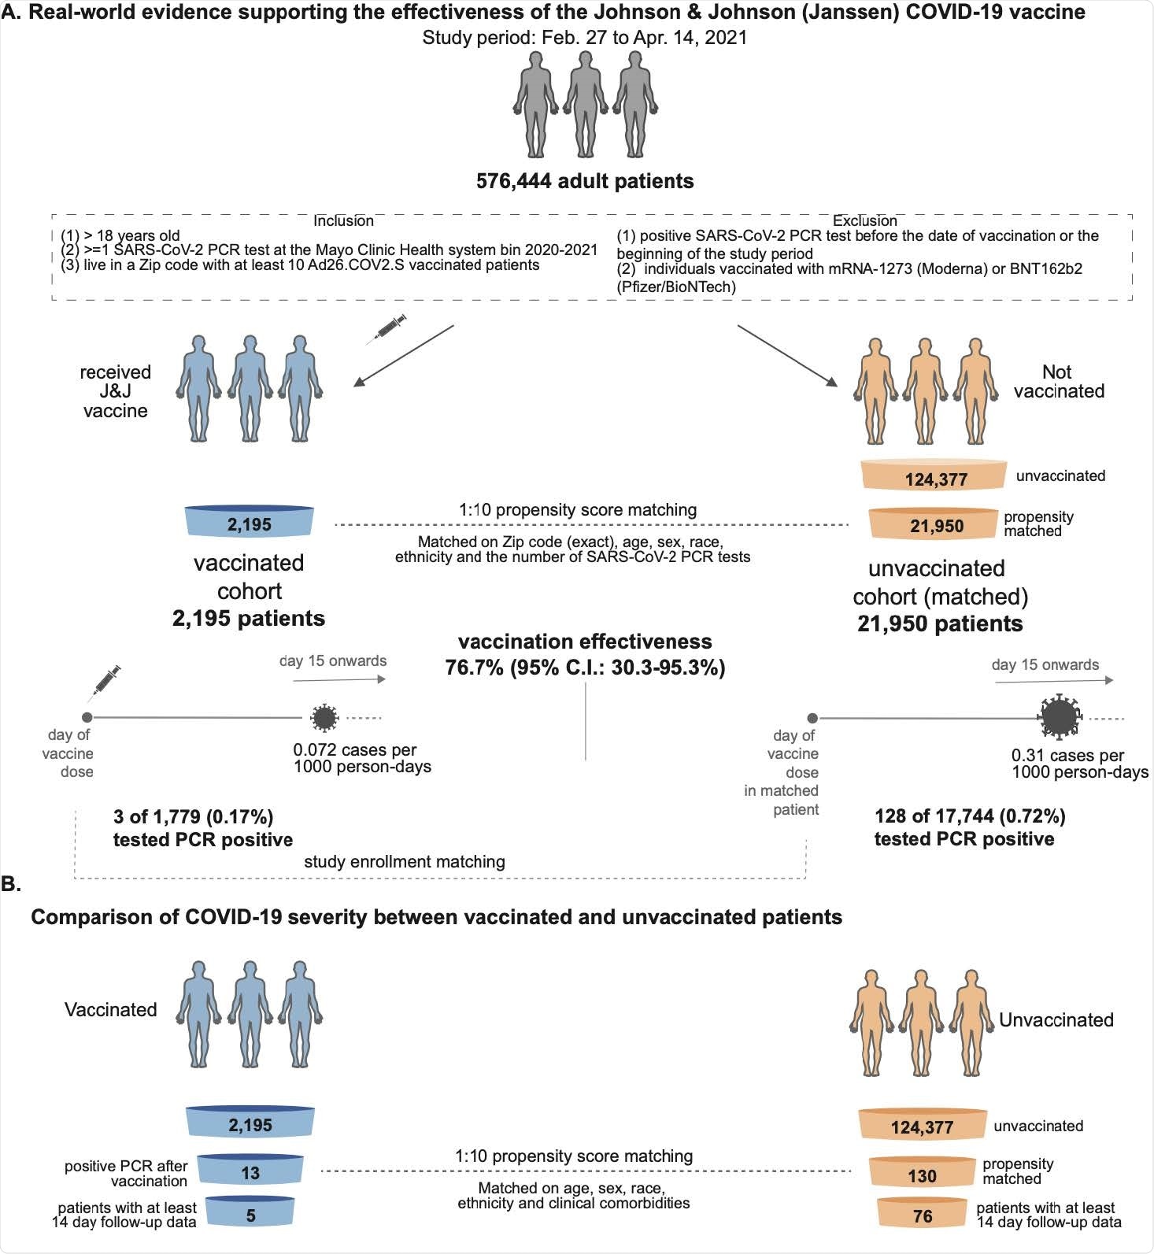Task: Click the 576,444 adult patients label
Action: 584,181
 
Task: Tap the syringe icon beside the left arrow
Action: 387,328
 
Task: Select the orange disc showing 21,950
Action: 936,525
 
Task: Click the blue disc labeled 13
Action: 250,1171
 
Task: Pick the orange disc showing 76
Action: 922,1215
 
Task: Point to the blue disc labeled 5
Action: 250,1214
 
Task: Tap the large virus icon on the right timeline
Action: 1059,717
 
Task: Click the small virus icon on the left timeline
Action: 324,717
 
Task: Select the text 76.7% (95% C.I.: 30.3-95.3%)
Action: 585,668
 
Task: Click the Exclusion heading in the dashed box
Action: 864,221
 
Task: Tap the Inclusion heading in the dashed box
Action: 343,221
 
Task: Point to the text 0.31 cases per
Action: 1067,756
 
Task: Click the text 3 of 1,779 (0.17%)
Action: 193,816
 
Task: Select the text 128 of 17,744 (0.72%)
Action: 969,816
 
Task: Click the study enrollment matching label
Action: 404,861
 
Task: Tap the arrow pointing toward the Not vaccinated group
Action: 787,355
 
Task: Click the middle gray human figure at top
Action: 585,104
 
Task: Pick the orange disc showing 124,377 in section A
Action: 934,477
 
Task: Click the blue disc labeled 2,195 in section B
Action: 250,1123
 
